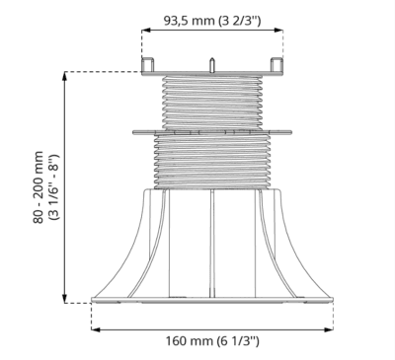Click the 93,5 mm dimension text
(x=190, y=21)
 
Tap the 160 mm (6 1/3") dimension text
(x=212, y=341)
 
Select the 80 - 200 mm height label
(x=39, y=187)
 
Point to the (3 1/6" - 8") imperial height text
(x=53, y=187)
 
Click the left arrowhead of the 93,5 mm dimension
(x=146, y=31)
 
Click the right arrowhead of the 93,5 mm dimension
(x=278, y=31)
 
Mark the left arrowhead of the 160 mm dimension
(x=96, y=329)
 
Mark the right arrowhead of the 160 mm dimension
(x=329, y=329)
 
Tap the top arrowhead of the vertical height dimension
(x=65, y=76)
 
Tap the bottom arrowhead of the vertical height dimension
(x=65, y=298)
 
